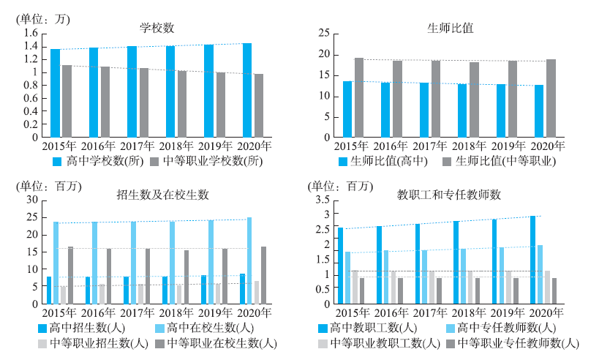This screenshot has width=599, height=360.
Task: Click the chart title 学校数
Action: (157, 28)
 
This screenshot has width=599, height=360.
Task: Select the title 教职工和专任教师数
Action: (448, 195)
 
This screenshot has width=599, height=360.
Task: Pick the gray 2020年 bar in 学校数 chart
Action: (258, 105)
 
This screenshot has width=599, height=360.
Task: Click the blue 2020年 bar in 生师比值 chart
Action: (540, 111)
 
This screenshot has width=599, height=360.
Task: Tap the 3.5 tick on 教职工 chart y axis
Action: (322, 200)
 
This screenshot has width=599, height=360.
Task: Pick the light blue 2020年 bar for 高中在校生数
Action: (249, 260)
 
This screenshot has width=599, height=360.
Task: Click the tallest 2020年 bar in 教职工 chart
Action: (532, 260)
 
